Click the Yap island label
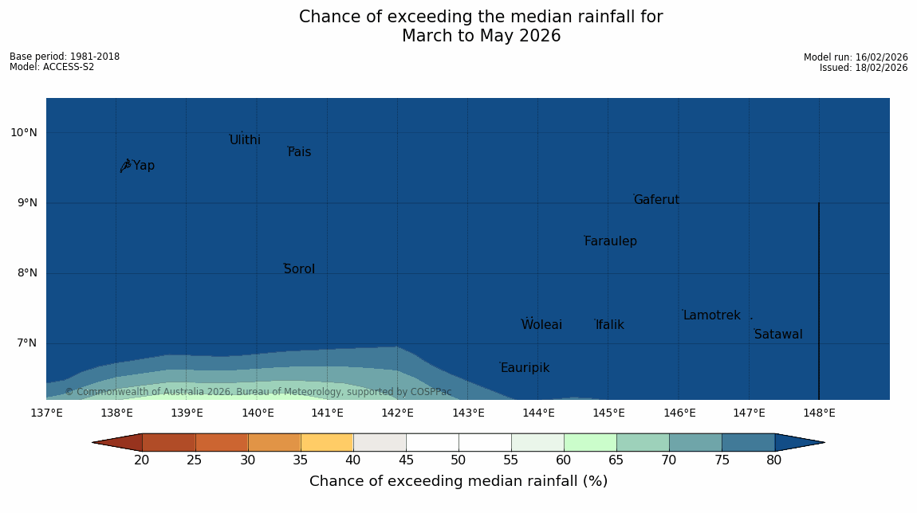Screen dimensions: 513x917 coord(144,166)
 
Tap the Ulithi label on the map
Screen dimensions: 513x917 coord(245,140)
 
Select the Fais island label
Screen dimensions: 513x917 coord(299,152)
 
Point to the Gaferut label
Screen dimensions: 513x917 coord(656,200)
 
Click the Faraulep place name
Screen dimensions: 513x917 coord(610,241)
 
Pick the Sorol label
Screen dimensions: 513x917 coord(299,269)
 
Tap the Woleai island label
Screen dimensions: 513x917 coord(541,325)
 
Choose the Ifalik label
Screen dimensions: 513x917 coord(610,325)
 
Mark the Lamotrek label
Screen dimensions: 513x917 coord(711,315)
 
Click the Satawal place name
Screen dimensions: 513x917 coord(778,335)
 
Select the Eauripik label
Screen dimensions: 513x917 coord(525,368)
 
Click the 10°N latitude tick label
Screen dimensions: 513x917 coord(24,133)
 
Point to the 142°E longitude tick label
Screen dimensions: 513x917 coord(397,413)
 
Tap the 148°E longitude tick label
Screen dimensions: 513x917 coord(819,413)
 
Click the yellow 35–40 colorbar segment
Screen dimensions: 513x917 coord(327,442)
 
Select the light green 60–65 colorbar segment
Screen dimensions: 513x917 coord(590,442)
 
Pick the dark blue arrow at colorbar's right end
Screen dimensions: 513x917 coord(799,442)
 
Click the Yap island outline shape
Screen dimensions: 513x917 coord(125,165)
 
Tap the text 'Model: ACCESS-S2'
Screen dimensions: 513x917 coord(52,67)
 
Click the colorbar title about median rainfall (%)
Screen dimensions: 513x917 coord(458,481)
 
